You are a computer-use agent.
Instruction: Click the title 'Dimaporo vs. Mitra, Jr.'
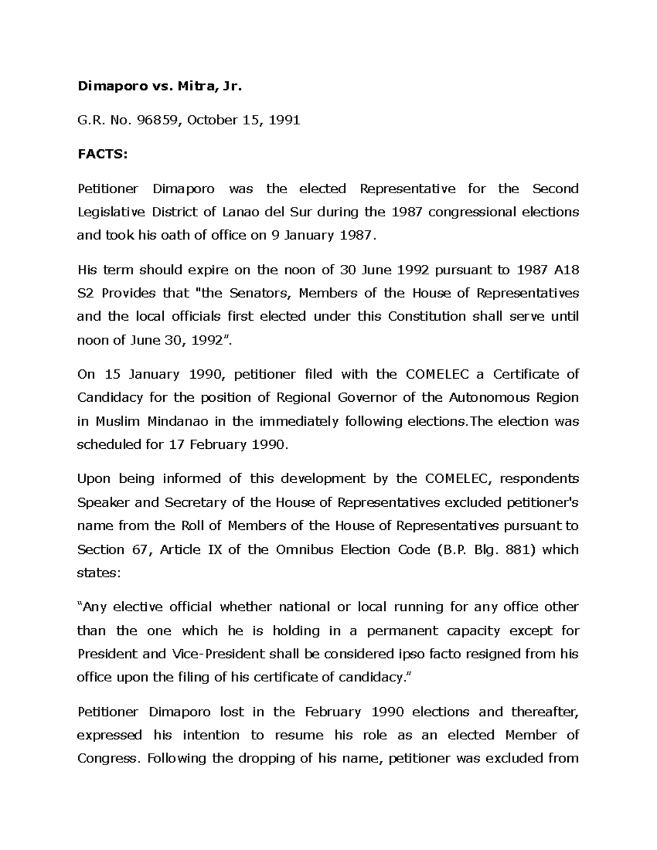coord(159,86)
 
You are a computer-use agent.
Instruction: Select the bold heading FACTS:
coord(102,154)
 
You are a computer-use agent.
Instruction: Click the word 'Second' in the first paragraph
coord(555,189)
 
